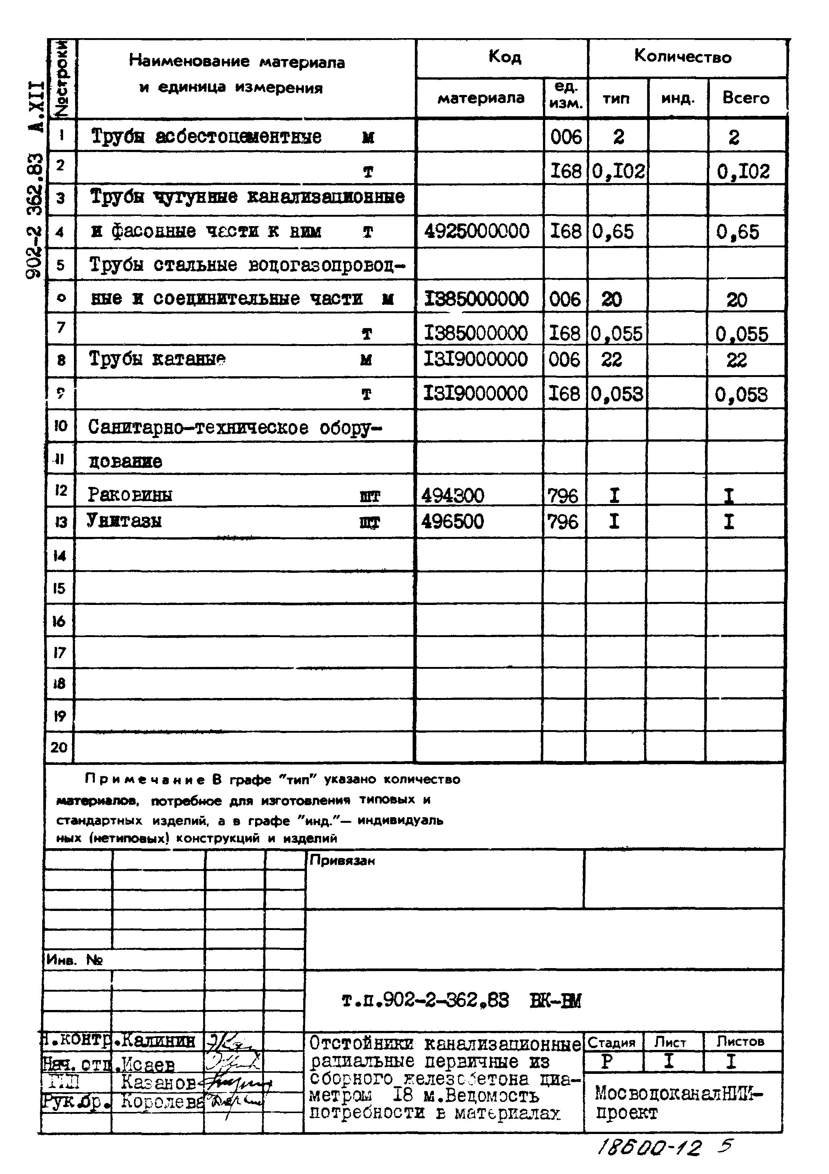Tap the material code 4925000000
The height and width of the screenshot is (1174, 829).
click(x=476, y=232)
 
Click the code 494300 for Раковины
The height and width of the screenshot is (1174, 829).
click(x=453, y=495)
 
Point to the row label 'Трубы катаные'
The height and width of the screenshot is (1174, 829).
click(x=157, y=359)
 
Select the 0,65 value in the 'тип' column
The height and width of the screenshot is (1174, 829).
click(x=613, y=232)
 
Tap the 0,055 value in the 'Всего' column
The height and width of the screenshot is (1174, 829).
click(x=742, y=334)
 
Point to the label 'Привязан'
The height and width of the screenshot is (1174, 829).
click(x=342, y=861)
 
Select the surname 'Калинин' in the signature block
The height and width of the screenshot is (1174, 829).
click(x=158, y=1041)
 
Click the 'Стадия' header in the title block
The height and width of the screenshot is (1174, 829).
click(x=611, y=1042)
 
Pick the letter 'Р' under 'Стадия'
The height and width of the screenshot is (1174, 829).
click(x=607, y=1062)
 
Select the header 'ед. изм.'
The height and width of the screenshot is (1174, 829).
click(x=565, y=95)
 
